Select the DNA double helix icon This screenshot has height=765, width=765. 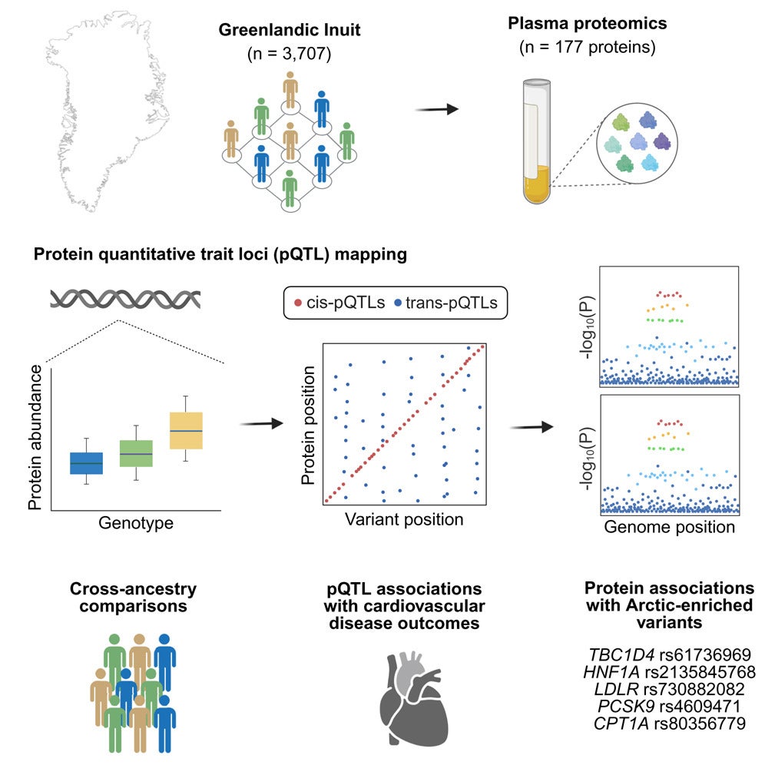pos(126,300)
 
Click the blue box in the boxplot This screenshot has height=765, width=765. pos(87,463)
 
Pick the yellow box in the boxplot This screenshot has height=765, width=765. pos(186,431)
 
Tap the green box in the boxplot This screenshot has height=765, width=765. pos(136,453)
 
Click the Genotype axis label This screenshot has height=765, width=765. pos(136,524)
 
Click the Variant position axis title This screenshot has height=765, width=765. pos(404,519)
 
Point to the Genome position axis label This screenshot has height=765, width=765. pos(669,527)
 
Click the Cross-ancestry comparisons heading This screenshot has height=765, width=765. pos(134,598)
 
